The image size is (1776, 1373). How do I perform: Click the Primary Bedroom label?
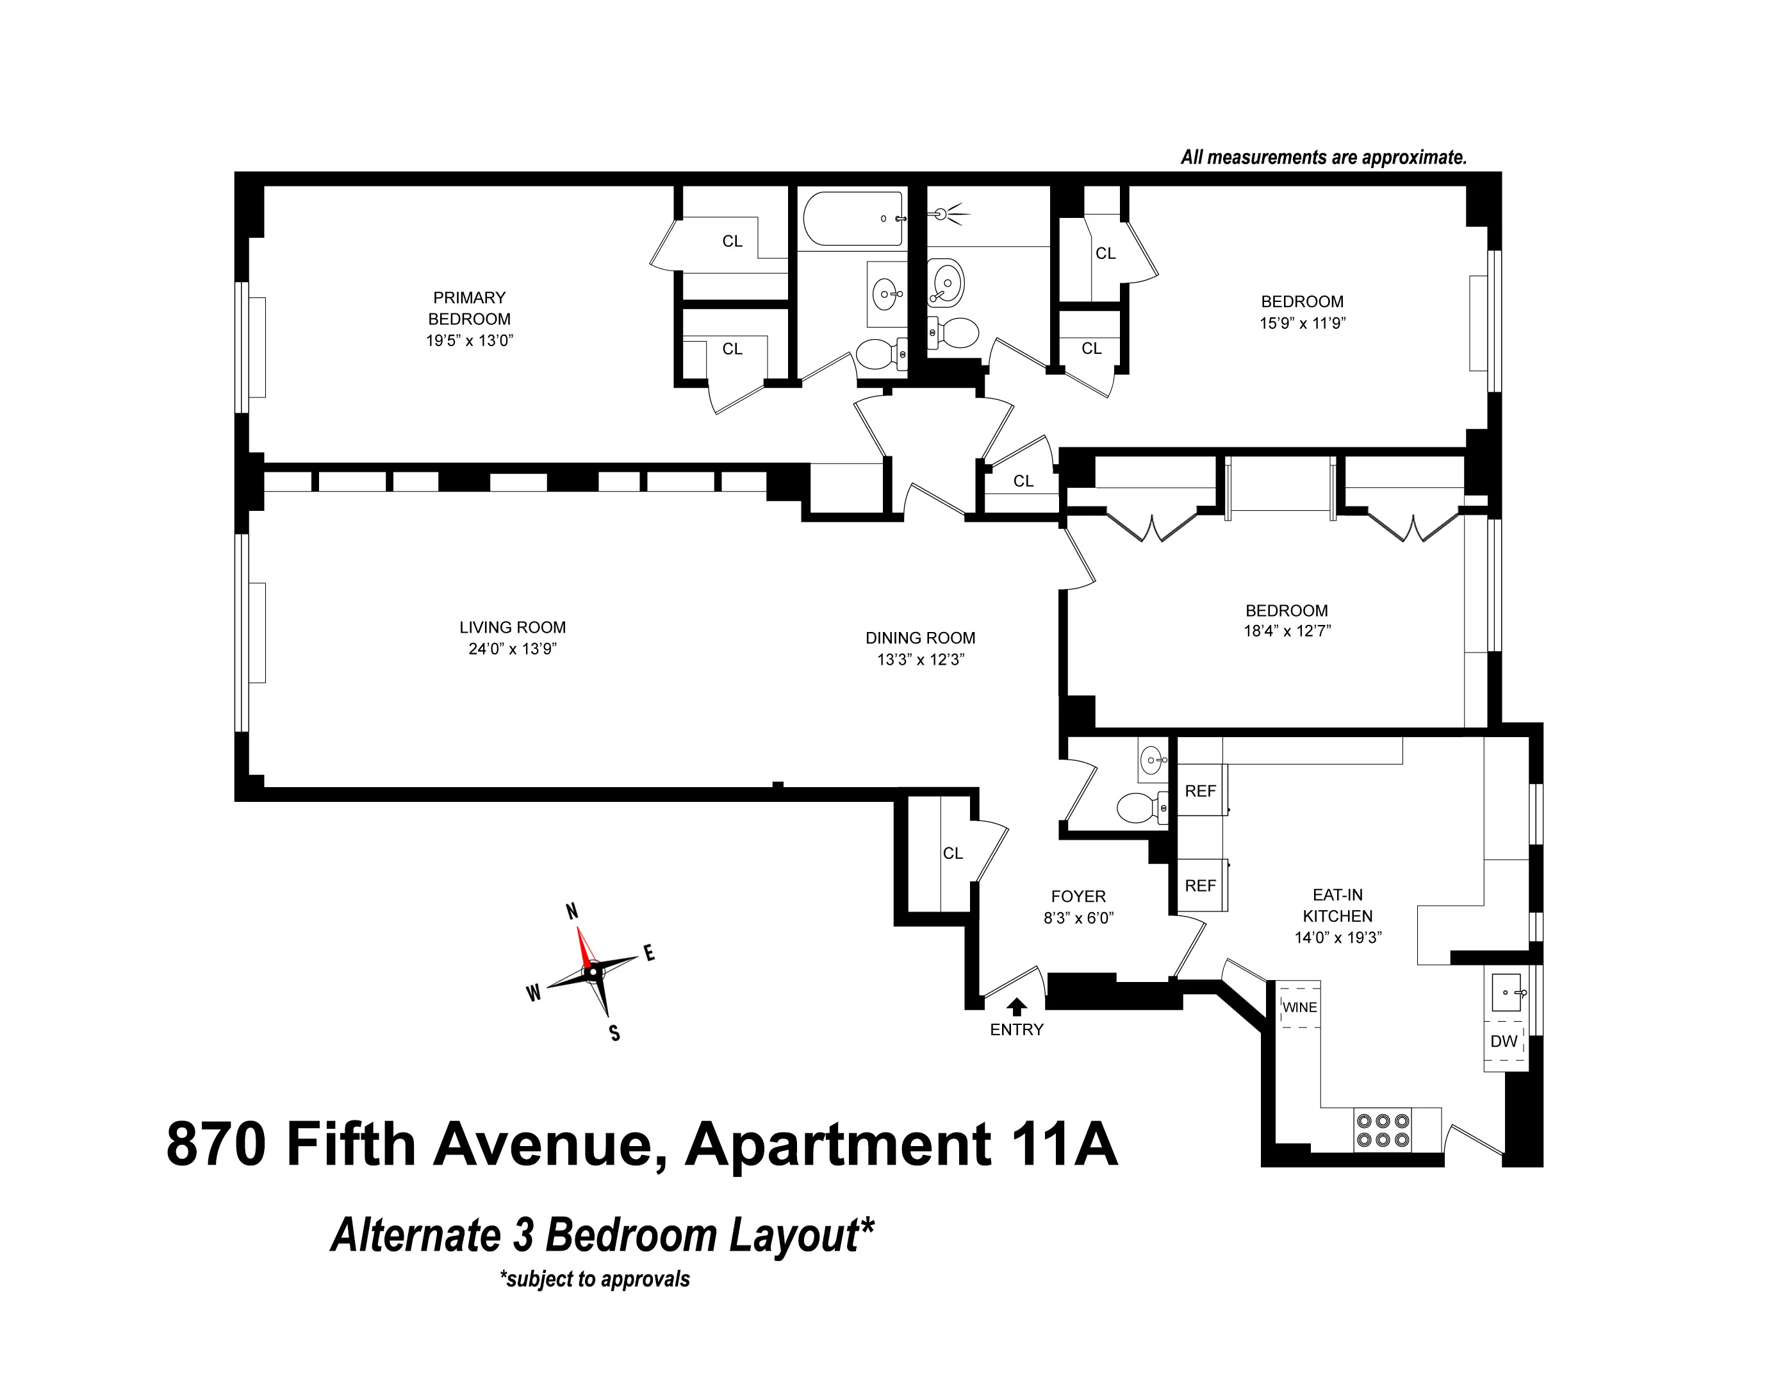(469, 308)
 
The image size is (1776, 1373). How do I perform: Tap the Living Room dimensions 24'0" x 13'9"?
(513, 648)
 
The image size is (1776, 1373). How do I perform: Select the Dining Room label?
(920, 638)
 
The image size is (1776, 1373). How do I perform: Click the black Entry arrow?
(1017, 1007)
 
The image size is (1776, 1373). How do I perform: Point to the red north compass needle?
(583, 945)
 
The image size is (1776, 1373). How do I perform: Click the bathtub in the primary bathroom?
(852, 218)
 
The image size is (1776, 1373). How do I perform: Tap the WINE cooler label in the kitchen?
(1299, 1007)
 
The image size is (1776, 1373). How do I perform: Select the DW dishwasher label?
(1504, 1041)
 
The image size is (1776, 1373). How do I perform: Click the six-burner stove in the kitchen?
(1383, 1130)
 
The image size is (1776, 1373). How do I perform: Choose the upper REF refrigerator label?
(1200, 790)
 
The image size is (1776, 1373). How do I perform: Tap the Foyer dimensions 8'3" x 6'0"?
(1078, 917)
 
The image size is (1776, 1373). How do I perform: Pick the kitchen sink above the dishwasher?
(1507, 992)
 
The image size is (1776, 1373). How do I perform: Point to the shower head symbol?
(943, 214)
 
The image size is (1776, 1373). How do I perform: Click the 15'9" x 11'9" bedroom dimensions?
(1302, 323)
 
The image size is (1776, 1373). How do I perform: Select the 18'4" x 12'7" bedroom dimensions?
(1287, 630)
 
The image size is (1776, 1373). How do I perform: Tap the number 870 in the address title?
(217, 1144)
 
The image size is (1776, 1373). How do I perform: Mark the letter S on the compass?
(615, 1033)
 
